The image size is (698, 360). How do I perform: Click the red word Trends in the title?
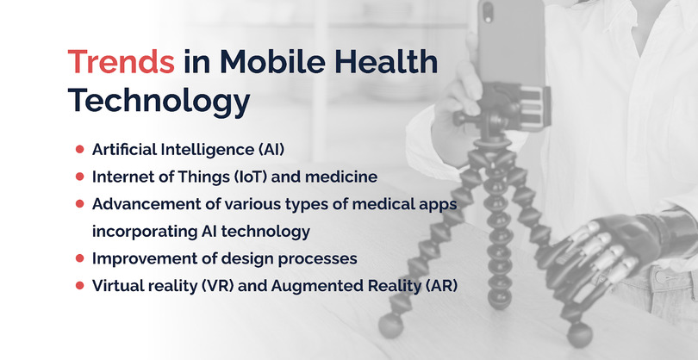click(122, 61)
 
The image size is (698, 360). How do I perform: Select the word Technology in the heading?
click(159, 102)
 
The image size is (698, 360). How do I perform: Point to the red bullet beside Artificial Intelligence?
click(79, 149)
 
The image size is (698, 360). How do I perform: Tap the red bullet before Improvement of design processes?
click(79, 258)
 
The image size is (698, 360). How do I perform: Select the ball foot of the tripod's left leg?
click(390, 326)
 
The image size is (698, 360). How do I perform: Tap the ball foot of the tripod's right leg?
click(579, 335)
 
